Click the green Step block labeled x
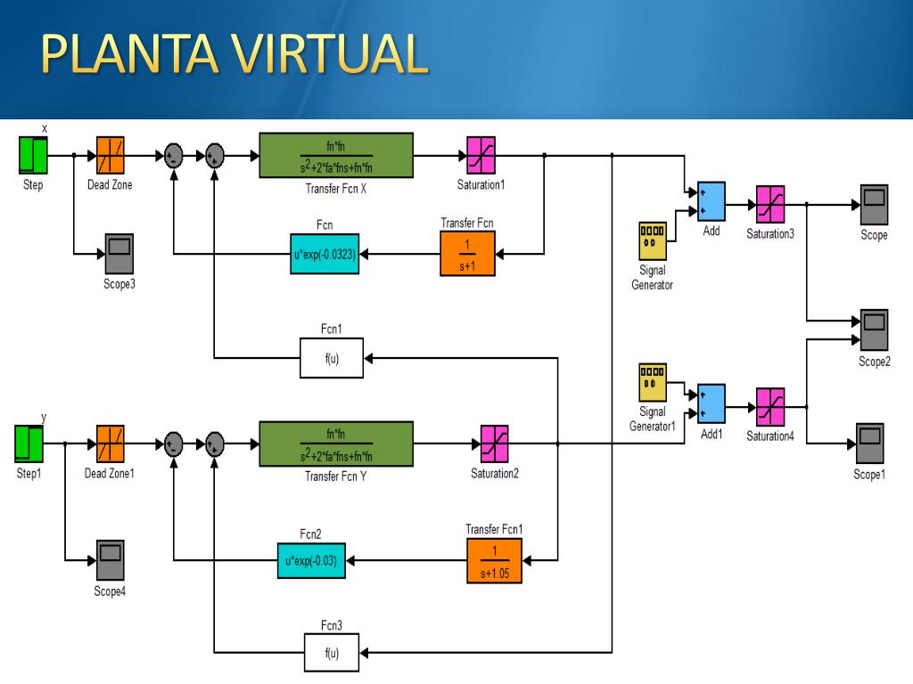(x=33, y=155)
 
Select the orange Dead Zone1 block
(x=110, y=444)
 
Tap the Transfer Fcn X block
(x=336, y=155)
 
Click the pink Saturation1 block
(x=481, y=155)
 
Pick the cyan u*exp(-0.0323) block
(x=325, y=254)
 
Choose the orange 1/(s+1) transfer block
(x=467, y=254)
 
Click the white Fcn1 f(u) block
(x=332, y=358)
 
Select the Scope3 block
(x=119, y=254)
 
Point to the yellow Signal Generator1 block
(x=653, y=383)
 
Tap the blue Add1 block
(x=711, y=403)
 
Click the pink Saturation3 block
(x=770, y=204)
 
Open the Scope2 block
(x=874, y=330)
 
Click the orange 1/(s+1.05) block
(x=494, y=561)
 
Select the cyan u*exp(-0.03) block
(x=311, y=561)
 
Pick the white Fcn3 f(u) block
(x=332, y=653)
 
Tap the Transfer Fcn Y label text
(x=336, y=476)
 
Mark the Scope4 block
(x=110, y=560)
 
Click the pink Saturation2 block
(x=494, y=444)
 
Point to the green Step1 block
(x=29, y=444)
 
